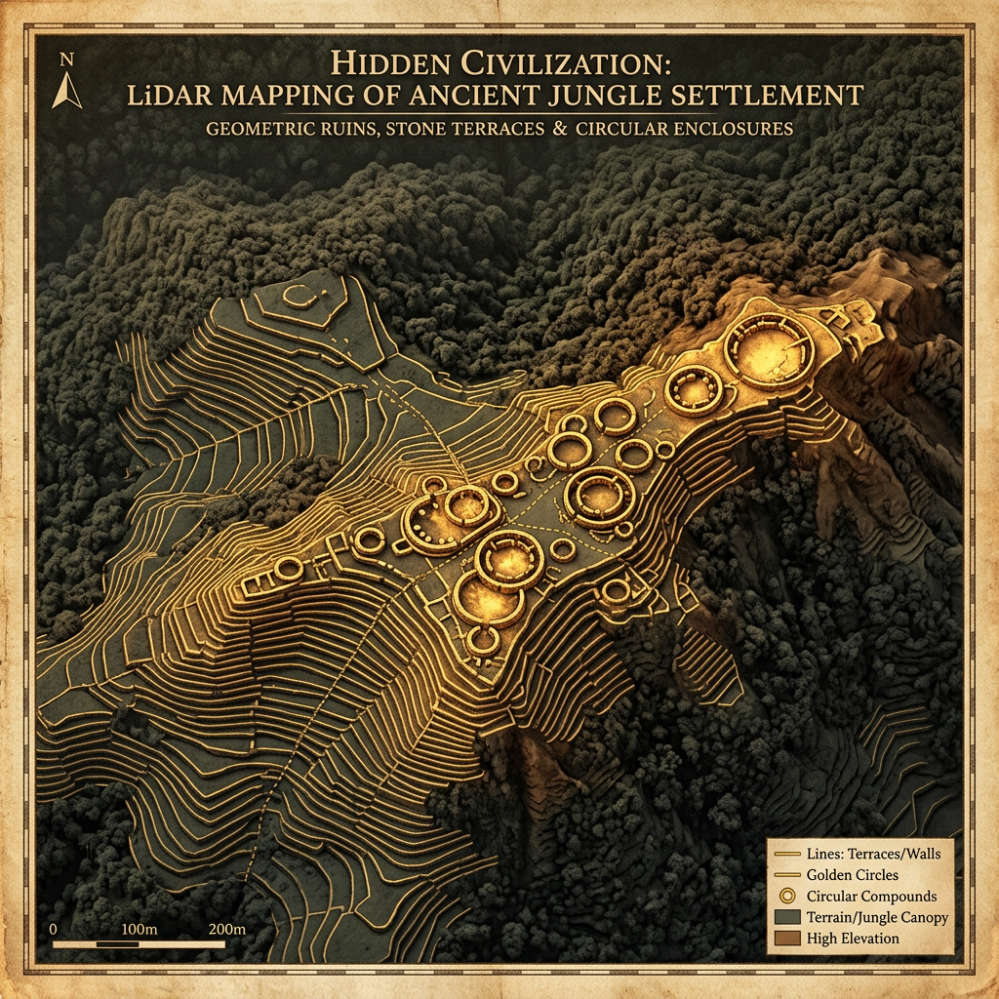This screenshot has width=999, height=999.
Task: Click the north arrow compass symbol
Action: [66, 91]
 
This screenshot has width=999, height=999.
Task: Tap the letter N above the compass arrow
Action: [66, 60]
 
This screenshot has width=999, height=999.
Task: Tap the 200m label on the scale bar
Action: [226, 928]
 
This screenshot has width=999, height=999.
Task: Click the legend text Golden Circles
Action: [853, 875]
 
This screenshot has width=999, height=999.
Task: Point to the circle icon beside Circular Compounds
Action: [786, 897]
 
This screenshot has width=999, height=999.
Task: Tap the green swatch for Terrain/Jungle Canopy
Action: [786, 918]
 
